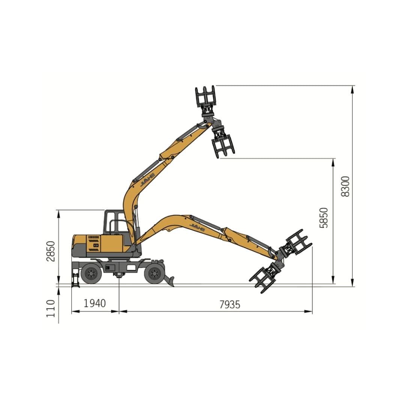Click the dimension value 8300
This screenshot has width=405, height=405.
pyautogui.click(x=345, y=186)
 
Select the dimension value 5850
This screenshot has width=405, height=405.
pyautogui.click(x=324, y=217)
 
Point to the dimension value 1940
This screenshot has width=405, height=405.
pyautogui.click(x=94, y=303)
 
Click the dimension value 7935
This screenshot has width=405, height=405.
pyautogui.click(x=229, y=304)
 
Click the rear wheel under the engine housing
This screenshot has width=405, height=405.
pyautogui.click(x=91, y=273)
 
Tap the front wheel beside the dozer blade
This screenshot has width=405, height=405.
pyautogui.click(x=154, y=273)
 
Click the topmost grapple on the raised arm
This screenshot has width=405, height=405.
pyautogui.click(x=205, y=96)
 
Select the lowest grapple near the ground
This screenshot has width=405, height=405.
pyautogui.click(x=264, y=279)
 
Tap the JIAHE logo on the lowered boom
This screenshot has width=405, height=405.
pyautogui.click(x=197, y=226)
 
